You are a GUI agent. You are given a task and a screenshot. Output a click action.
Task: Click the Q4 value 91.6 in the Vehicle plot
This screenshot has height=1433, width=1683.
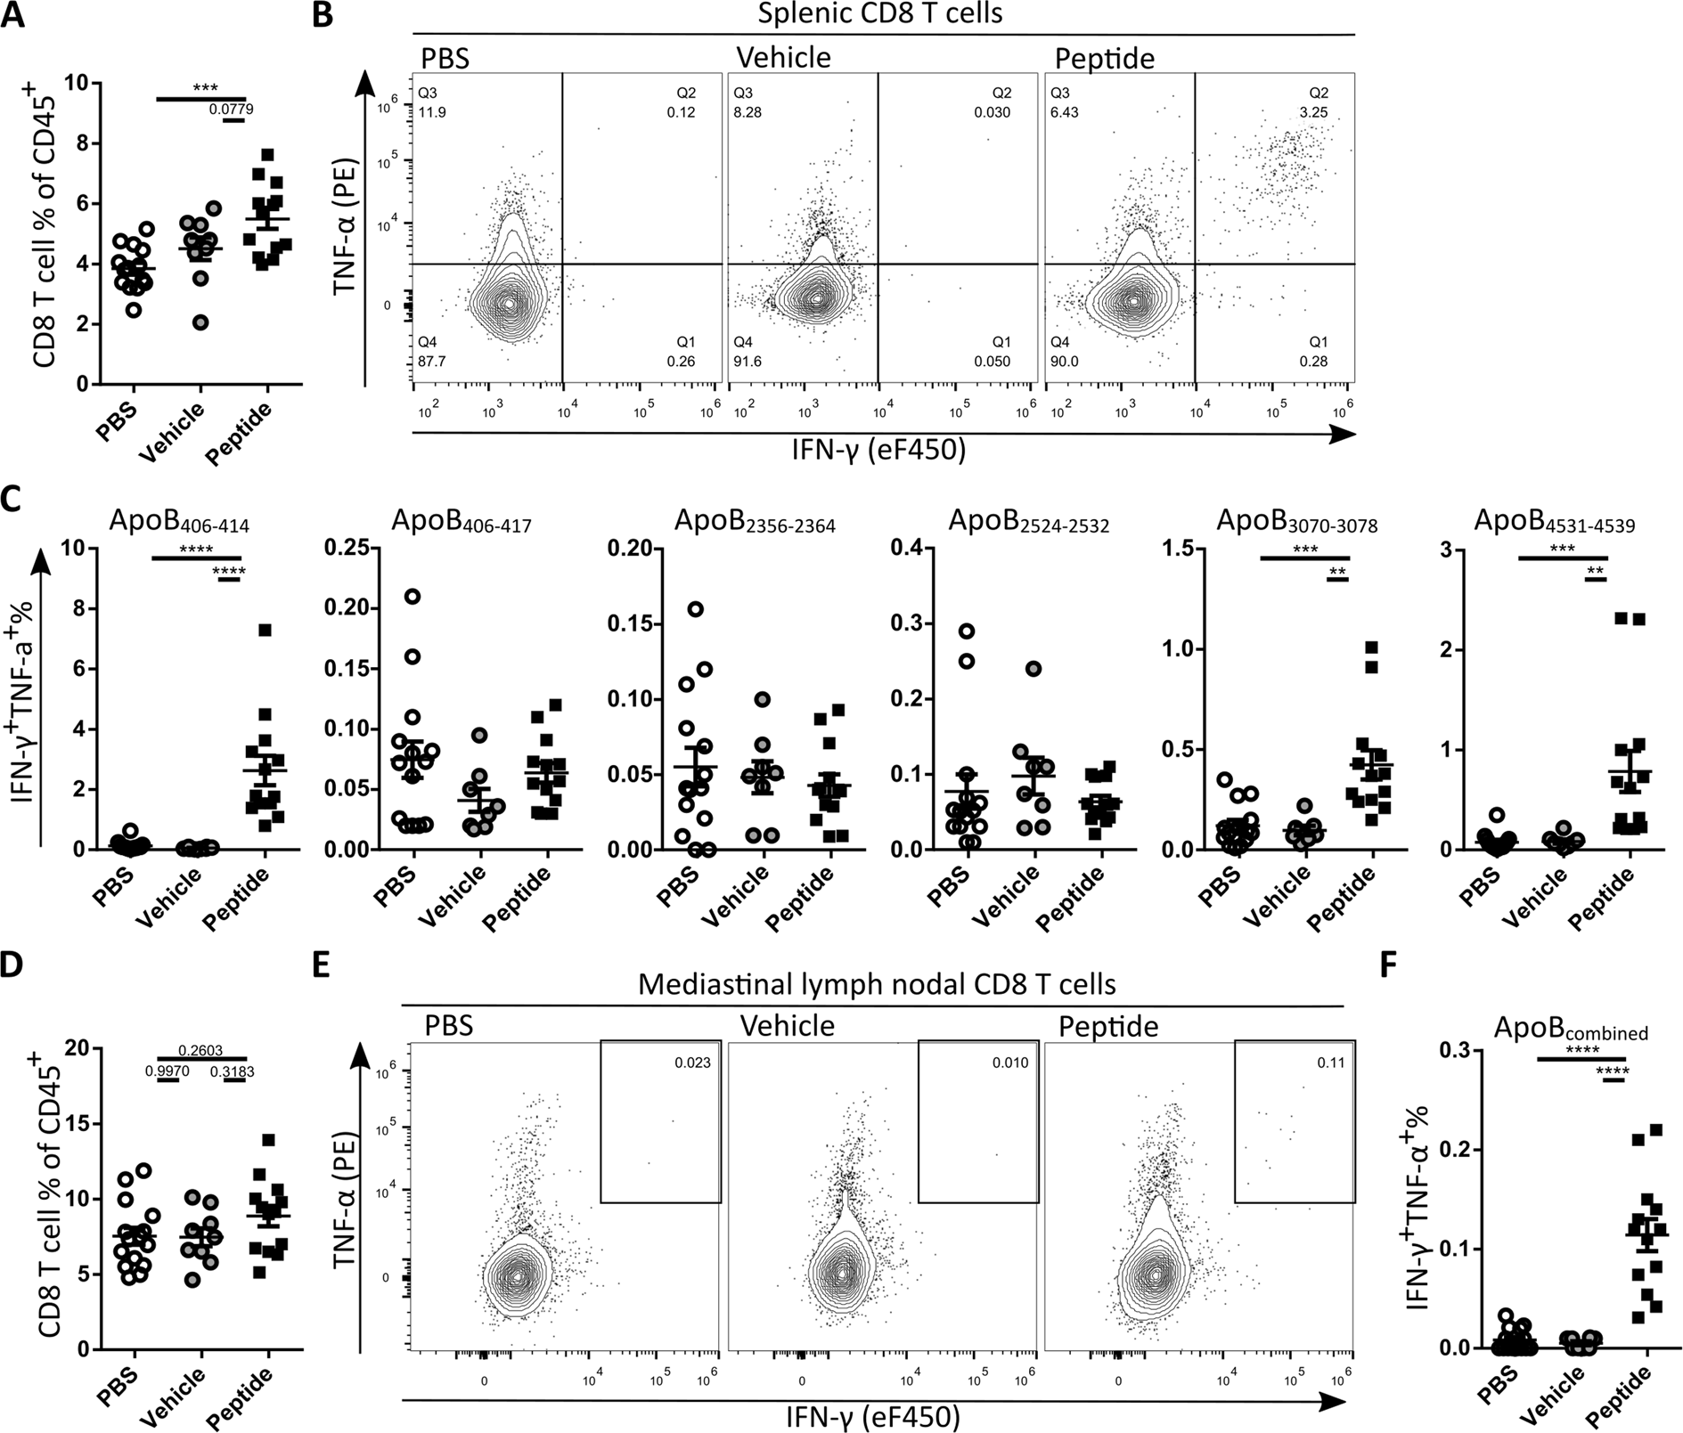click(747, 362)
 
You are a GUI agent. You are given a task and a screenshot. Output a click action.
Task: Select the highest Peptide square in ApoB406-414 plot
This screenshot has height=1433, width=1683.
click(265, 630)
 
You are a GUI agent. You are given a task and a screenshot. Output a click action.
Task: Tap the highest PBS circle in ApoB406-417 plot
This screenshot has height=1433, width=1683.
click(412, 596)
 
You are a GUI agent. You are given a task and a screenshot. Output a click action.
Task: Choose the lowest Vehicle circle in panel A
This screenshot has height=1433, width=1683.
click(202, 322)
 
